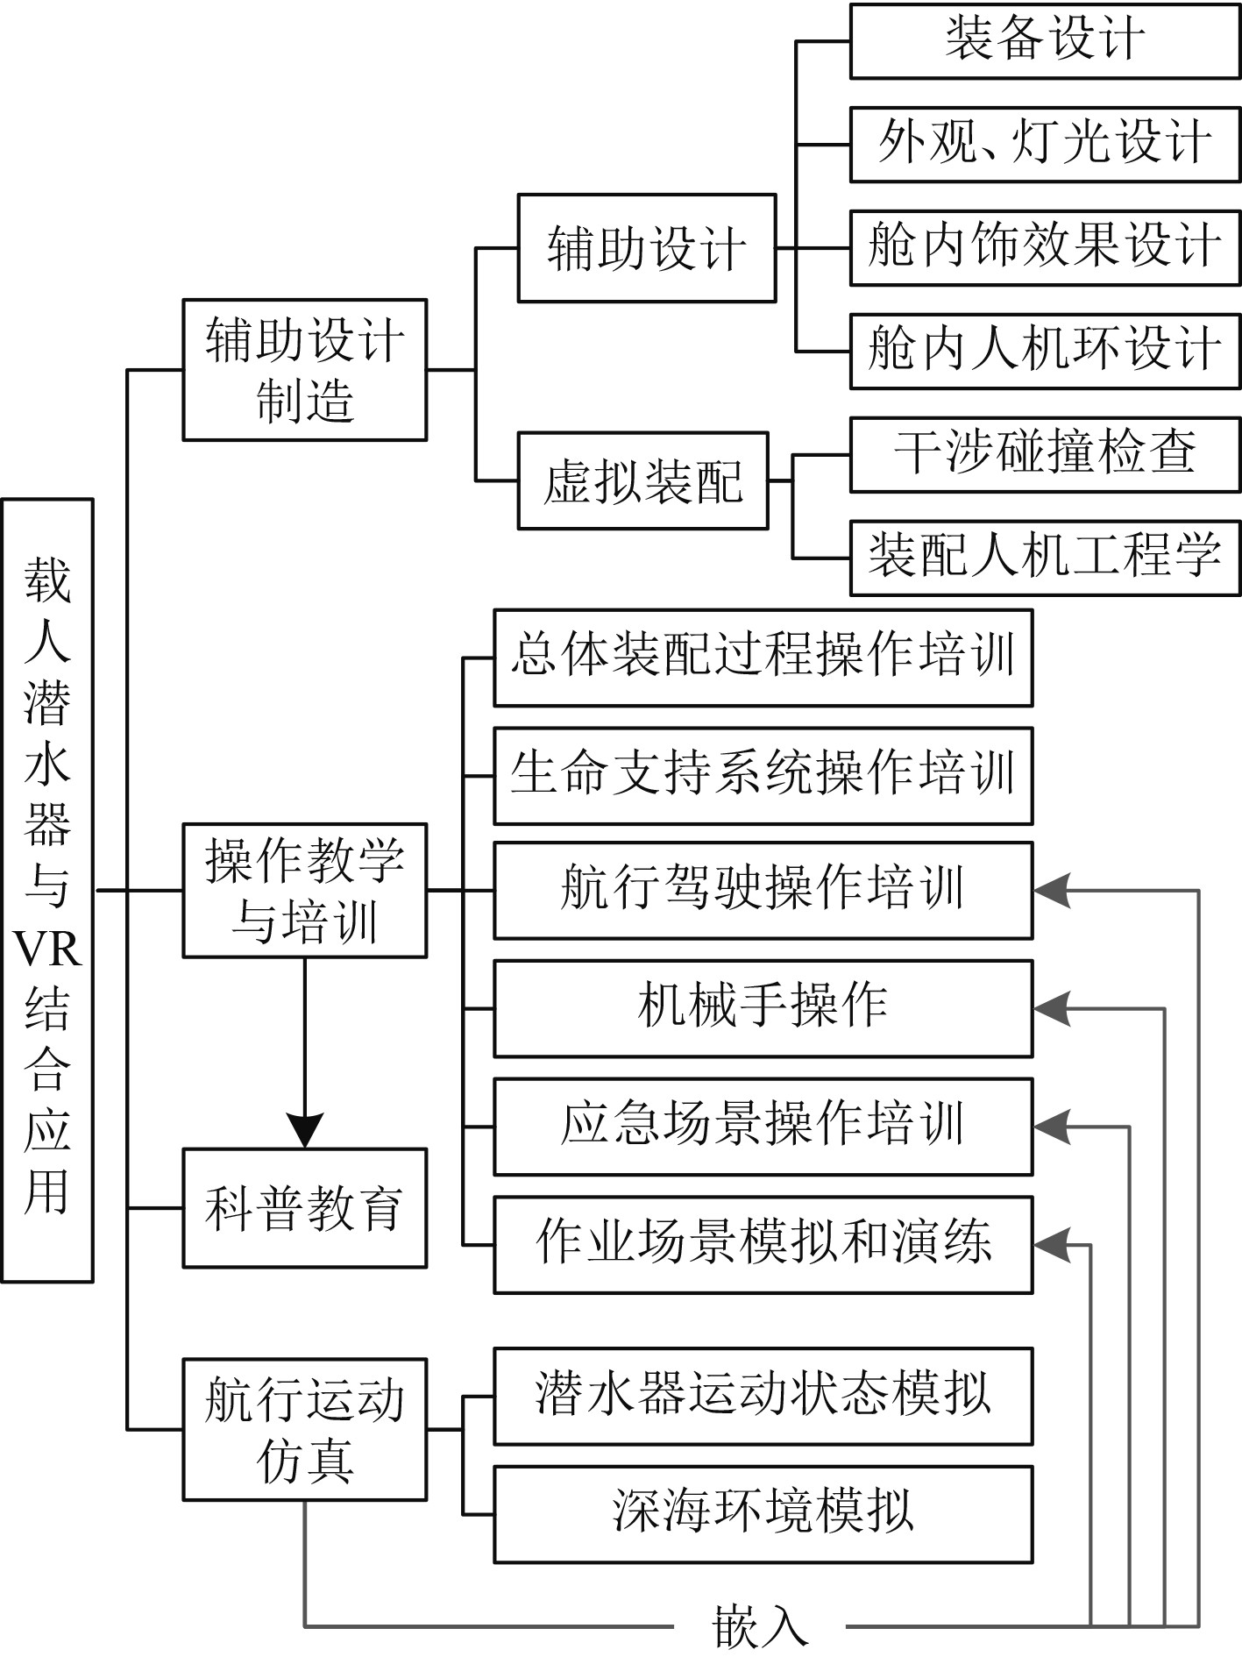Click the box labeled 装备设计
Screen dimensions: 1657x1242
pos(1045,41)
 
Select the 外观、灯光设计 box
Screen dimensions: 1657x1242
pos(1045,145)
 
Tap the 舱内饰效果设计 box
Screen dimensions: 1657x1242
pos(1045,247)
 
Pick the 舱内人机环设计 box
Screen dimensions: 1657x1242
pos(1045,351)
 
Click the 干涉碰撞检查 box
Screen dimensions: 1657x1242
pos(1045,454)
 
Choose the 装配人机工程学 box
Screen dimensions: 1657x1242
pos(1045,558)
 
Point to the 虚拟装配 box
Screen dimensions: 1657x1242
pos(642,480)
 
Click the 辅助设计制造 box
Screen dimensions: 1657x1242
pos(304,369)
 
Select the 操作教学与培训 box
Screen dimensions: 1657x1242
pos(304,890)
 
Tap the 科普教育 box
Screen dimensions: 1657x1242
pos(304,1207)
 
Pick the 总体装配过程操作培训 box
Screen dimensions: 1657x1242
pos(763,658)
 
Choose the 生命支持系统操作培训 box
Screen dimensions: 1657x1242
pos(763,775)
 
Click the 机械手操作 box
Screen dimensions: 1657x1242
pos(763,1008)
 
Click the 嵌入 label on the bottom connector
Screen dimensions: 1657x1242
pos(760,1627)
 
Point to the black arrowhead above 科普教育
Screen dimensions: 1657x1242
pos(304,1129)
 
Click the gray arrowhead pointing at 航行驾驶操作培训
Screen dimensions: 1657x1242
pos(1052,891)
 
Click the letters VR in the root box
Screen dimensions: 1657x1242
pos(47,949)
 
